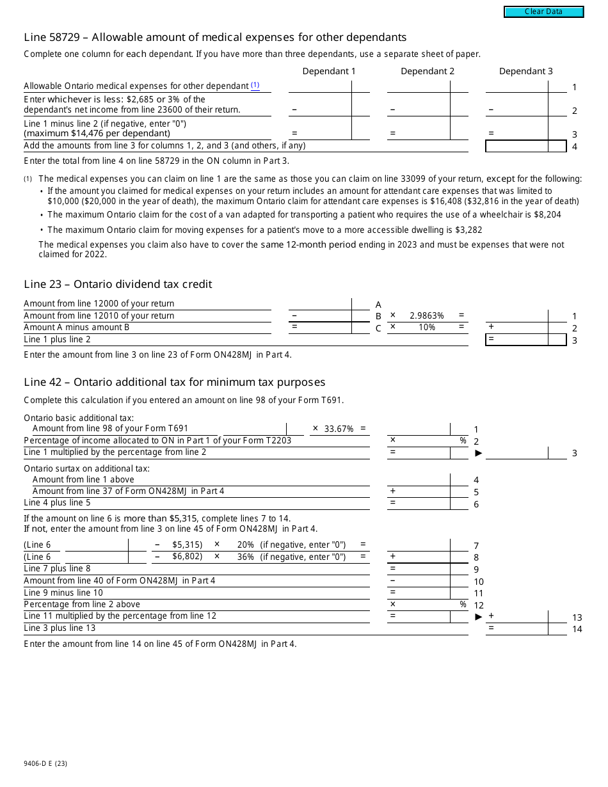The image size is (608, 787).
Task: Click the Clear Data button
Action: tap(543, 12)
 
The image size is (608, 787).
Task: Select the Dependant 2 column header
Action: tap(428, 71)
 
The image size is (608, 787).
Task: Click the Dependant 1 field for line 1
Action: tap(320, 86)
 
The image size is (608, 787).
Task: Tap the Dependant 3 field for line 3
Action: tap(516, 133)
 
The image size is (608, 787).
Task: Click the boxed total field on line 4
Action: tap(517, 146)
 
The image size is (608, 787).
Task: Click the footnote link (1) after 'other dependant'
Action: tap(255, 85)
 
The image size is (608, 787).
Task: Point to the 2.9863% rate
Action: tap(426, 315)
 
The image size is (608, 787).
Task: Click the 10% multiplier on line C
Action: tap(426, 327)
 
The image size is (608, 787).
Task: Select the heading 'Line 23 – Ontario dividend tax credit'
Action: tap(118, 284)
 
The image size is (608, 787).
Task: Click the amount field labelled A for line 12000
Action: tap(320, 304)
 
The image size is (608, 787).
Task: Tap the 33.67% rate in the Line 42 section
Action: tap(339, 429)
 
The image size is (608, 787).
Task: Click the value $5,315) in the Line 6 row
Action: tap(187, 545)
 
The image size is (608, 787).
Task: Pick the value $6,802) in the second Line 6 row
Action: tap(187, 557)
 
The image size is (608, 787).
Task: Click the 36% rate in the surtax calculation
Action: tap(245, 557)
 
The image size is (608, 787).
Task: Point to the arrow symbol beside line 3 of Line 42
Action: tap(478, 453)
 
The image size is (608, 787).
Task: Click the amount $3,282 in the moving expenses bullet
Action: tap(468, 230)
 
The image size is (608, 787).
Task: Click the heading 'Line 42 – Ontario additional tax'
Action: tap(174, 382)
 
